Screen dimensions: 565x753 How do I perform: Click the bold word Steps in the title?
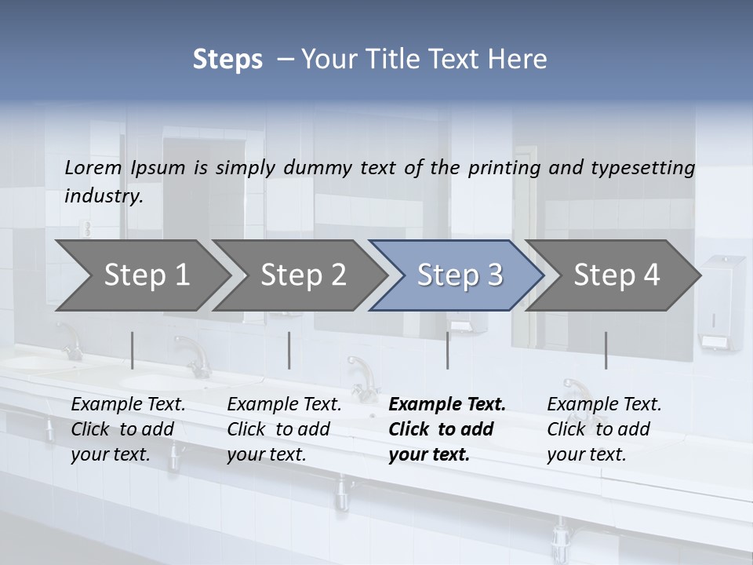pyautogui.click(x=227, y=60)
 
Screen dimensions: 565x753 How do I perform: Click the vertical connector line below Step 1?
pyautogui.click(x=133, y=350)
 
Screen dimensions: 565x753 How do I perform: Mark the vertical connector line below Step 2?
pyautogui.click(x=289, y=350)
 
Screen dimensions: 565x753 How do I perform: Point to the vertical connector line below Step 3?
pyautogui.click(x=448, y=350)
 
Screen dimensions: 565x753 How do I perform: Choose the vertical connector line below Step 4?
pyautogui.click(x=606, y=350)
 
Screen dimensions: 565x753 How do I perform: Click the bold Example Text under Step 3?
pyautogui.click(x=447, y=405)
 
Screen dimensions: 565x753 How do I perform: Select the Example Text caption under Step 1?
pyautogui.click(x=128, y=405)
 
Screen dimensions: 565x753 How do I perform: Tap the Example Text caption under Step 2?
pyautogui.click(x=284, y=405)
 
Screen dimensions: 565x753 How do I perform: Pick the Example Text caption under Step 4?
pyautogui.click(x=604, y=405)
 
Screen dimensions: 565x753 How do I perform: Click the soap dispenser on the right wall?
pyautogui.click(x=721, y=302)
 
